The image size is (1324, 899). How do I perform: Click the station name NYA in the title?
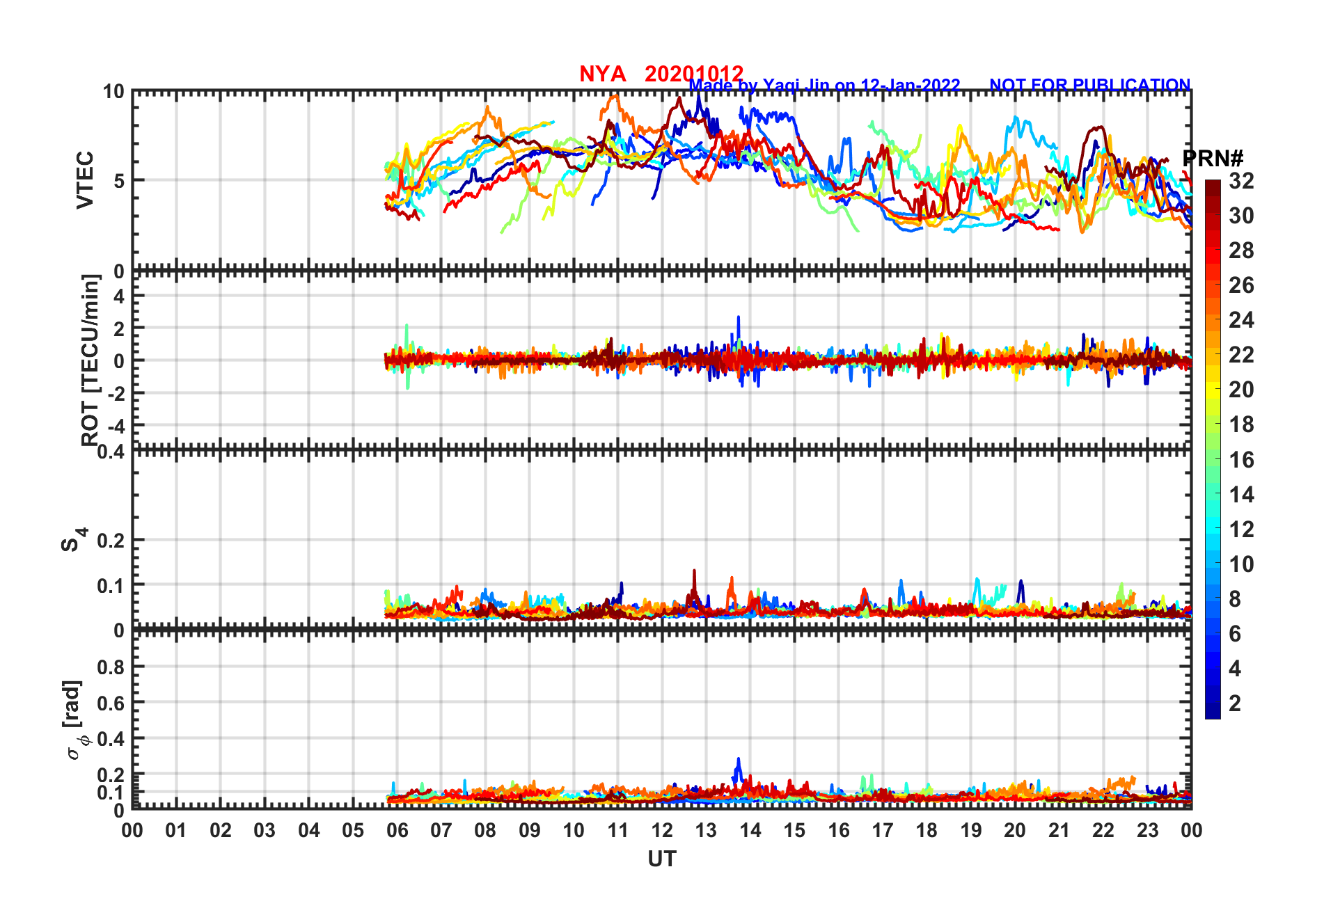[x=602, y=74]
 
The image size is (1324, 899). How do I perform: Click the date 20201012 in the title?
[x=693, y=74]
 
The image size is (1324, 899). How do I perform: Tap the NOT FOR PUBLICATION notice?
[x=1089, y=85]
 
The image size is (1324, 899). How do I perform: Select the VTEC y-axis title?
[x=85, y=180]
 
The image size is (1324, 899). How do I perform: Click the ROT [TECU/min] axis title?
[x=90, y=360]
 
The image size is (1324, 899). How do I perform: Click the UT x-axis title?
[x=661, y=859]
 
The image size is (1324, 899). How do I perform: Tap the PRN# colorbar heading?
[x=1213, y=159]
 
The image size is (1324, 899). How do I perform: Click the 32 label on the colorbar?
[x=1241, y=181]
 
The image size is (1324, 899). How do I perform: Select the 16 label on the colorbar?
[x=1241, y=459]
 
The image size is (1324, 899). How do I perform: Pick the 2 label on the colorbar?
[x=1235, y=703]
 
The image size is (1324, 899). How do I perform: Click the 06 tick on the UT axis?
[x=397, y=830]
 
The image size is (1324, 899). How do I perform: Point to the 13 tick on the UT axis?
[x=706, y=830]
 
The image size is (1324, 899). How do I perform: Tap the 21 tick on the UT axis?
[x=1059, y=830]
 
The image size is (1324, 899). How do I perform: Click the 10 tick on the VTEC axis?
[x=113, y=92]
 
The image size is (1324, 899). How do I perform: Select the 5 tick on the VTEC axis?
[x=119, y=181]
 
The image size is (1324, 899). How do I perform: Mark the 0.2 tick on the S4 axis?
[x=111, y=541]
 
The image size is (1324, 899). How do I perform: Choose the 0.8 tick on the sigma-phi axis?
[x=111, y=667]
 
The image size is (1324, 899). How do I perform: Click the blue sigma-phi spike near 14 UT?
[x=738, y=765]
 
